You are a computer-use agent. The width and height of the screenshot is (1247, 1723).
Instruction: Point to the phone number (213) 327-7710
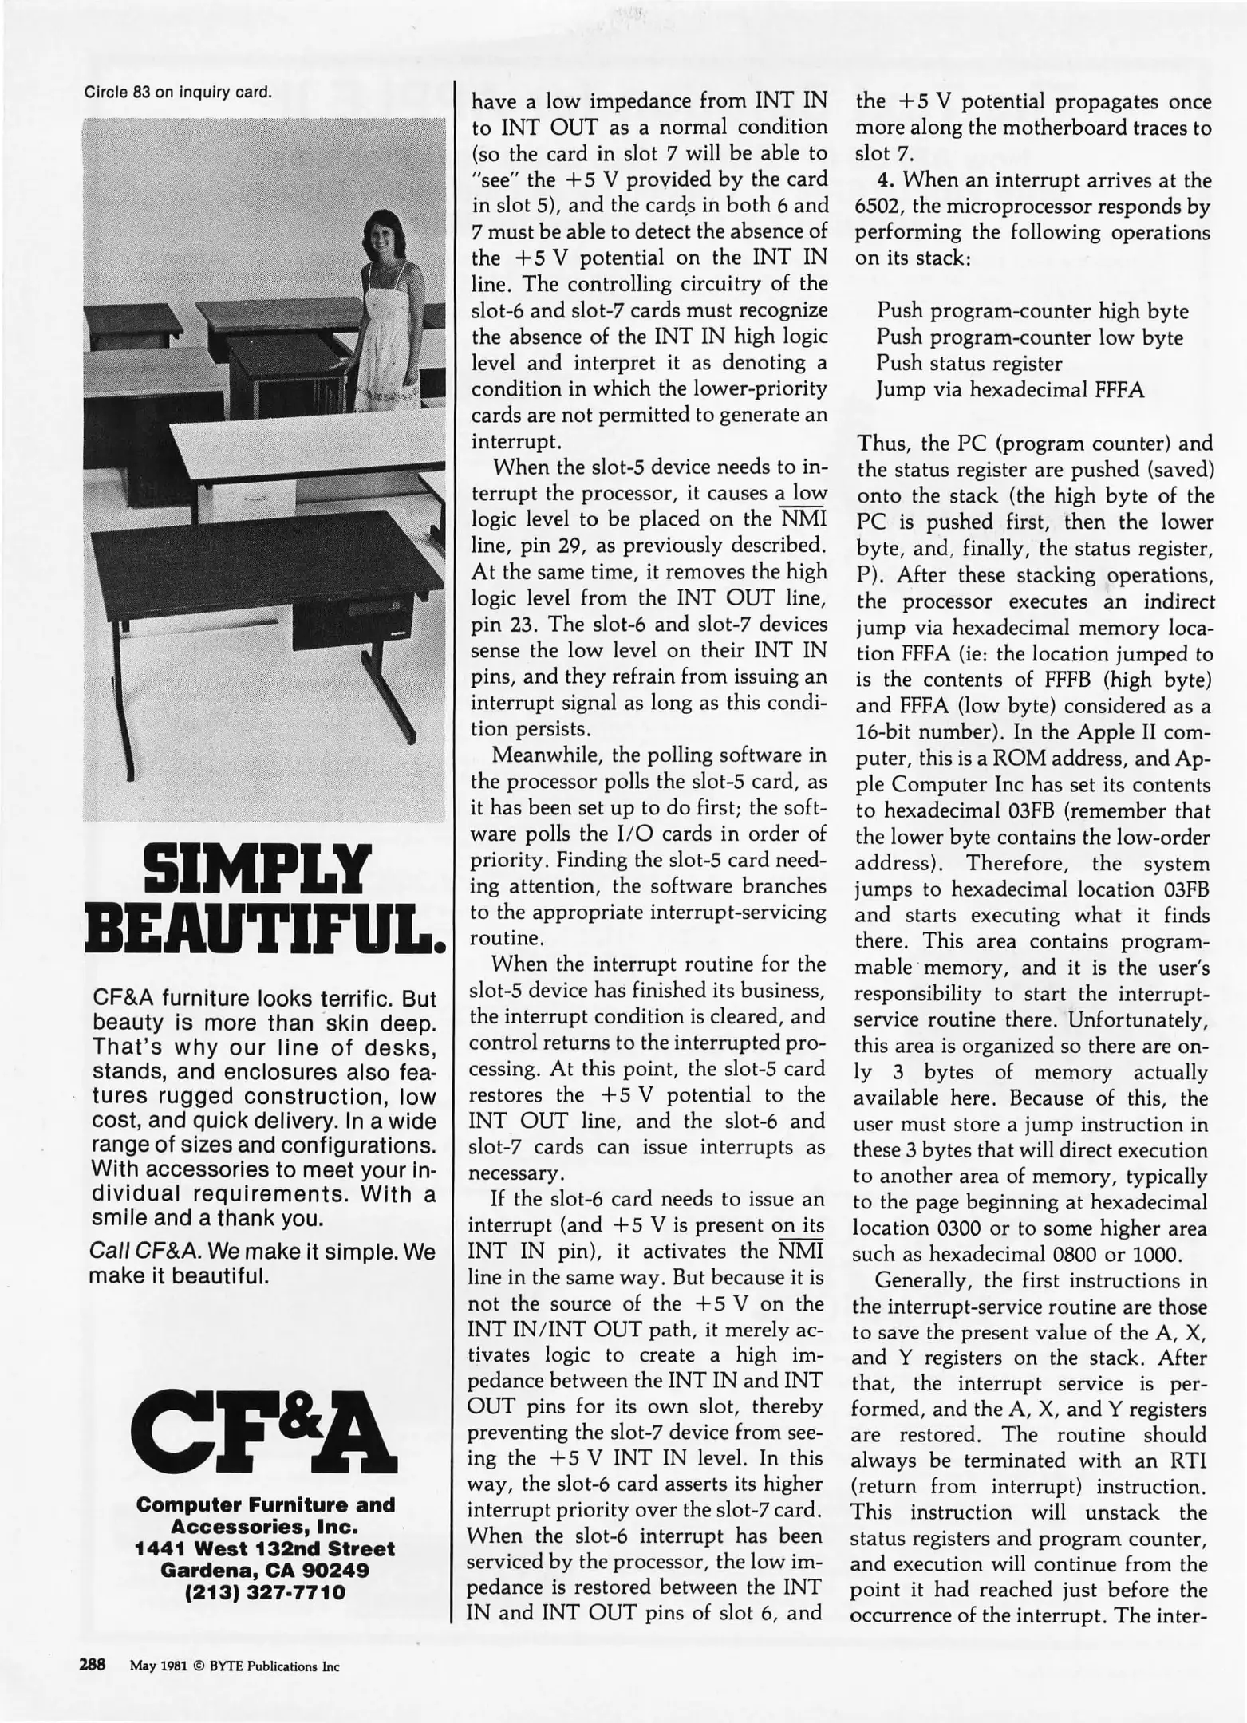(266, 1593)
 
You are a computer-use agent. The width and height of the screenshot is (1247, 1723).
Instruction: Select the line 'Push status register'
(969, 364)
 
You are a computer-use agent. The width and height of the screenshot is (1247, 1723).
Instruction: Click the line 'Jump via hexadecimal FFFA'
(1010, 390)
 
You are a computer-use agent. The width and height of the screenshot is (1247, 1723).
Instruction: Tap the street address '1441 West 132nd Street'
(266, 1548)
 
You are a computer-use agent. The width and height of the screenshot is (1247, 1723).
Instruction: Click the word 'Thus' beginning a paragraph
(878, 443)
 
